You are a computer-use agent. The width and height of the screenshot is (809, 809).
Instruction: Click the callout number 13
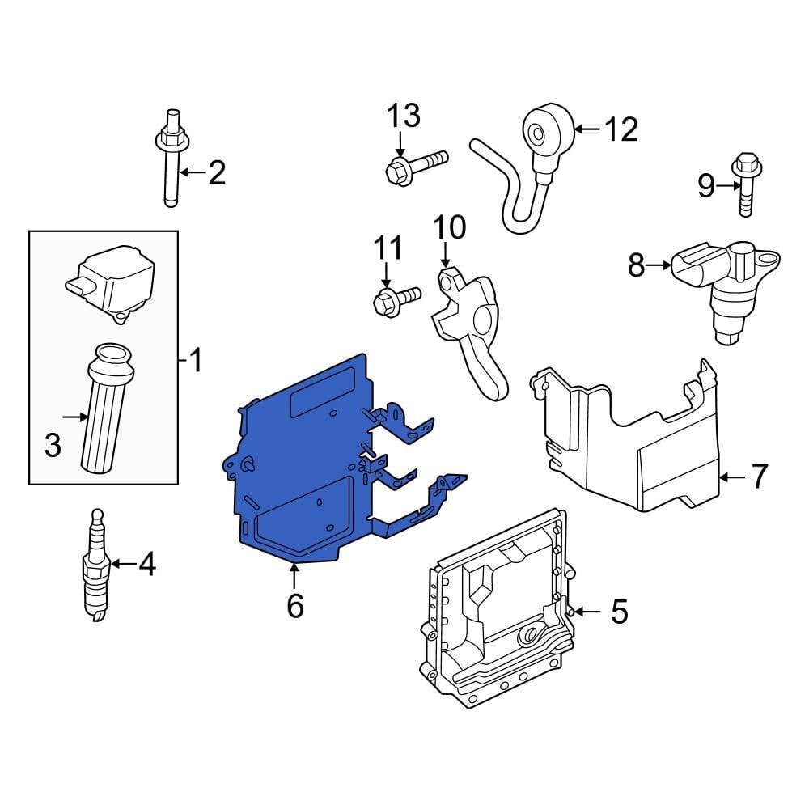[x=402, y=116]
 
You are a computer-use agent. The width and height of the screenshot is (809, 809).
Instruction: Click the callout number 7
[x=758, y=477]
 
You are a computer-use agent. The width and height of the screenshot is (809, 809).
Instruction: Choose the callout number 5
[x=619, y=612]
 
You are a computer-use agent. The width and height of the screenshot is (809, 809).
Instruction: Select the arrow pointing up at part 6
[x=295, y=576]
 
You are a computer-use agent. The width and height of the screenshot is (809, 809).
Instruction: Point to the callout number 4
[x=146, y=565]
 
